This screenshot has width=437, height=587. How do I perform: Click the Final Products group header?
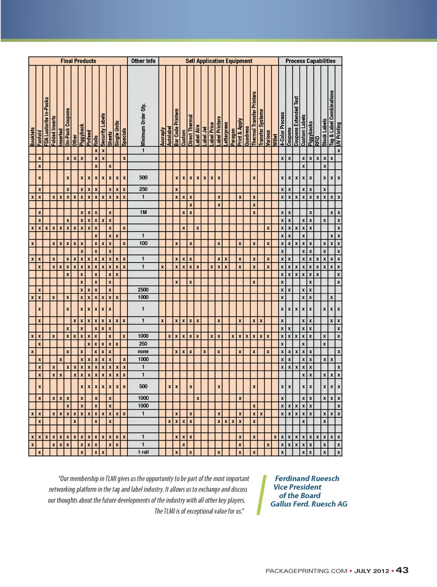[x=78, y=61]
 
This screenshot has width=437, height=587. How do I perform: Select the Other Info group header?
[x=143, y=61]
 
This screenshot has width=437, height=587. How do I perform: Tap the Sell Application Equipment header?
[x=218, y=61]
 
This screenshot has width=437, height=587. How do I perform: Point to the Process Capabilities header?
[x=310, y=61]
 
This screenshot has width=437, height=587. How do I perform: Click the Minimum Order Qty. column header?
[x=143, y=124]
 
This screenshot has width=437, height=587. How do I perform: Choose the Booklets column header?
[x=32, y=137]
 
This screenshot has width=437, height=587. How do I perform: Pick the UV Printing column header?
[x=339, y=134]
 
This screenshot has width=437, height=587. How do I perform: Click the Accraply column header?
[x=163, y=136]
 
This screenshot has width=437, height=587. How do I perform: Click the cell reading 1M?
[x=143, y=213]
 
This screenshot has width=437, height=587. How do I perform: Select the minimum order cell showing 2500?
[x=143, y=289]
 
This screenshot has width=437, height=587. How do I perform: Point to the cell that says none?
[x=143, y=352]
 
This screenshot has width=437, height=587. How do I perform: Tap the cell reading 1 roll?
[x=143, y=452]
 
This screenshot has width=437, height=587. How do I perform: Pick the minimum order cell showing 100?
[x=143, y=243]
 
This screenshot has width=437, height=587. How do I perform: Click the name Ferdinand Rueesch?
[x=307, y=479]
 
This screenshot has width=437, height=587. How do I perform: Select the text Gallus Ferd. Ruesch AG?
[x=309, y=504]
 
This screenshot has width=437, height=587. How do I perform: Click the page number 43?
[x=402, y=571]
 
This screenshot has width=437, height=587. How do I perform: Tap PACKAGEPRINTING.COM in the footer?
[x=306, y=571]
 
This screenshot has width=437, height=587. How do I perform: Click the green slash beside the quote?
[x=261, y=495]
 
